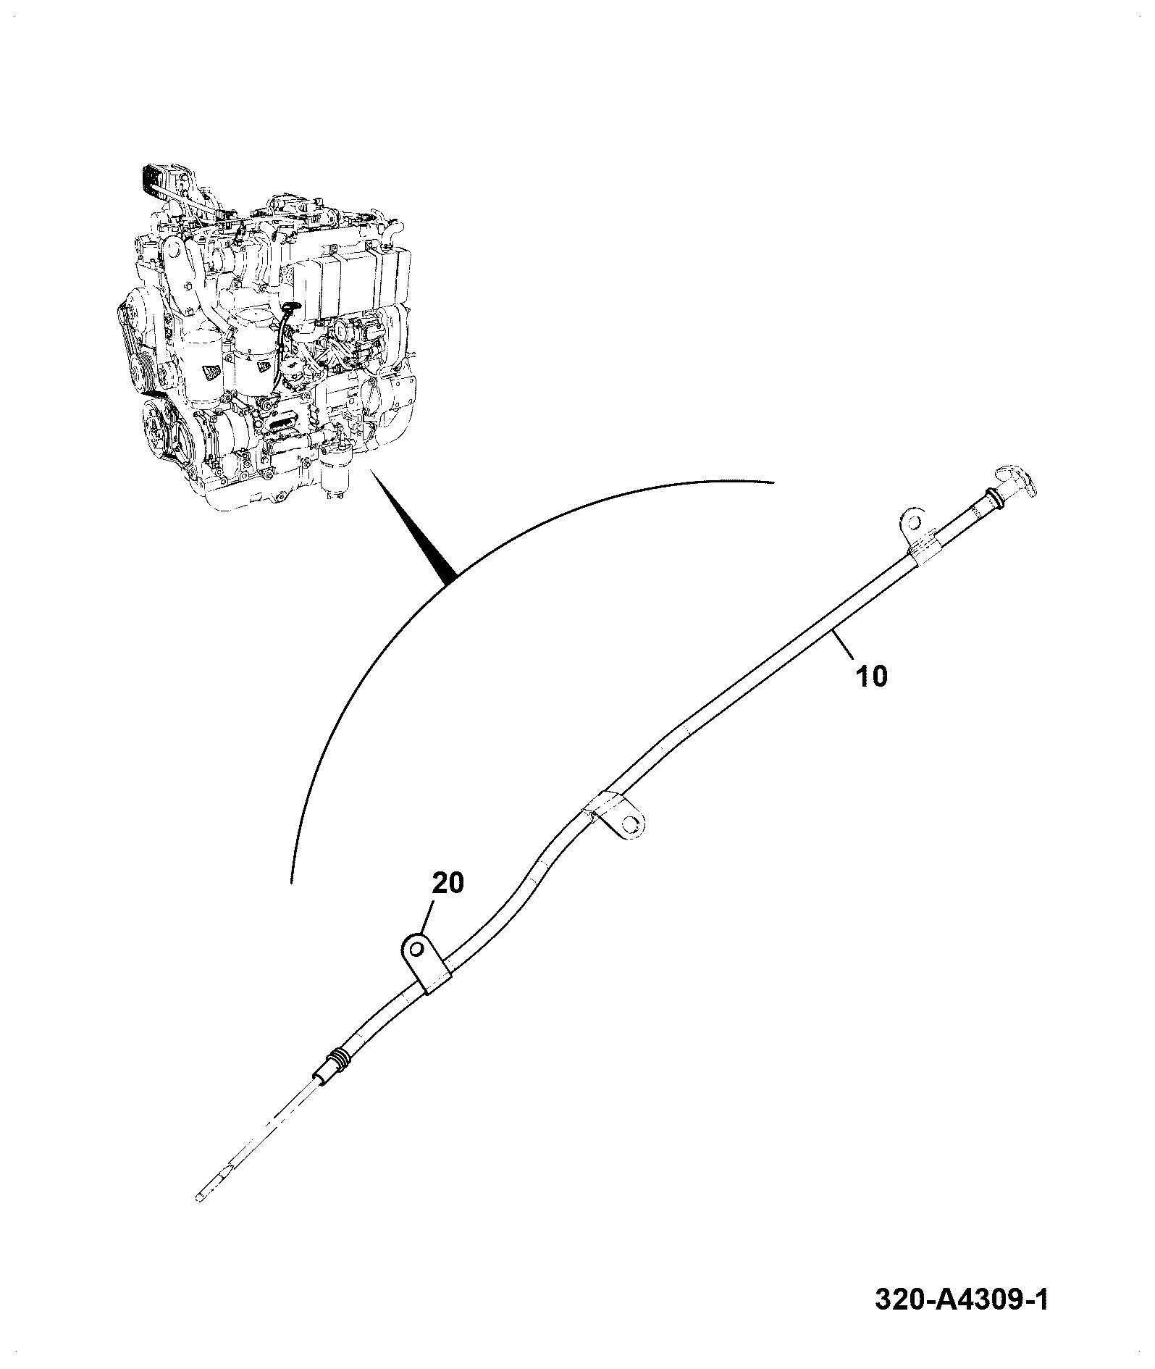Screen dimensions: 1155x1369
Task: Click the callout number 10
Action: (871, 676)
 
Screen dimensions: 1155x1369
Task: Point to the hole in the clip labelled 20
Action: (416, 948)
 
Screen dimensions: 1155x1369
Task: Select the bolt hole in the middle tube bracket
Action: (631, 824)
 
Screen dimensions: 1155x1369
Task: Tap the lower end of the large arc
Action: (291, 882)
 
